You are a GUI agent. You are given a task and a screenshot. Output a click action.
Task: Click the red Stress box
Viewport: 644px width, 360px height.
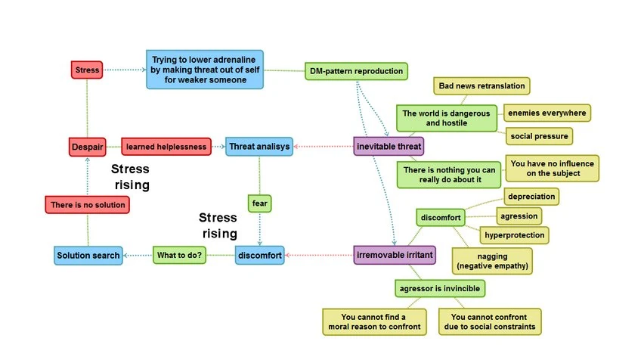(x=87, y=70)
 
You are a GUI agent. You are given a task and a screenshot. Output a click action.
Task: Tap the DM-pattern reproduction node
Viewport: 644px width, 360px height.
(x=356, y=72)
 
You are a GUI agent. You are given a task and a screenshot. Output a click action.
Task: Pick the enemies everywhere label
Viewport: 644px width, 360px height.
(x=546, y=113)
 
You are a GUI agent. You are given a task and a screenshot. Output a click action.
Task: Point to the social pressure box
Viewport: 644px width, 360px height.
(x=539, y=136)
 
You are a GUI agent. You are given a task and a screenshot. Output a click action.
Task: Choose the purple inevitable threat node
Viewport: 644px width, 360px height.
(x=389, y=146)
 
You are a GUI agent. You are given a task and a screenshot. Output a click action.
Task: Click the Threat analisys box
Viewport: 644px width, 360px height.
(x=259, y=146)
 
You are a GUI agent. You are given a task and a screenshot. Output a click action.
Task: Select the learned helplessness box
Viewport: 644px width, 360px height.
(x=166, y=146)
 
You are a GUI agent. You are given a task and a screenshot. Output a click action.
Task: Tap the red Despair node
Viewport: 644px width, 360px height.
(x=87, y=146)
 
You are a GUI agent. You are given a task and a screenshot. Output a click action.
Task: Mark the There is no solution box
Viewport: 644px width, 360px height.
(x=85, y=204)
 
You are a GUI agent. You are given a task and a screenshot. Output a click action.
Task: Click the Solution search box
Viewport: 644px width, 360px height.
(x=88, y=256)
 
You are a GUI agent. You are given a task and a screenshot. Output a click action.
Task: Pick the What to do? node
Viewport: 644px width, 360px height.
(x=179, y=256)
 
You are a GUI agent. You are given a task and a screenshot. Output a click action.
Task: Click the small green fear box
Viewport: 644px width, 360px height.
(x=260, y=203)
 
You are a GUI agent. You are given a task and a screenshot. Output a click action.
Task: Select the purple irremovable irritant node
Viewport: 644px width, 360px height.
(x=395, y=256)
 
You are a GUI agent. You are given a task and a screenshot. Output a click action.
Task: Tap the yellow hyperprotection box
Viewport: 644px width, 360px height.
(x=514, y=235)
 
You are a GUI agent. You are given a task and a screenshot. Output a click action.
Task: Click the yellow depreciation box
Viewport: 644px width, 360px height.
(x=531, y=197)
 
